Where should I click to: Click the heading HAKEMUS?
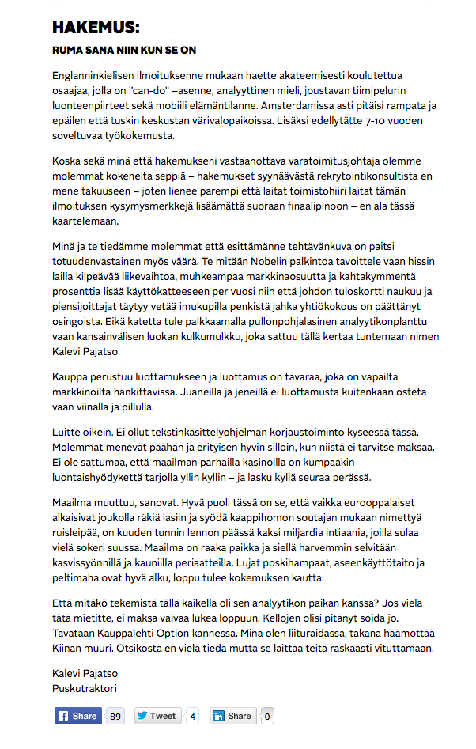96,28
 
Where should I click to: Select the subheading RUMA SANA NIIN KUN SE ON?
124,50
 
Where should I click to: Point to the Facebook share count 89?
115,716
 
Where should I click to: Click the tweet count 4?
193,716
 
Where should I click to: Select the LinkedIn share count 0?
267,716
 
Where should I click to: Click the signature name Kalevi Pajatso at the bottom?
84,672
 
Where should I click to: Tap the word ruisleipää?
79,535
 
